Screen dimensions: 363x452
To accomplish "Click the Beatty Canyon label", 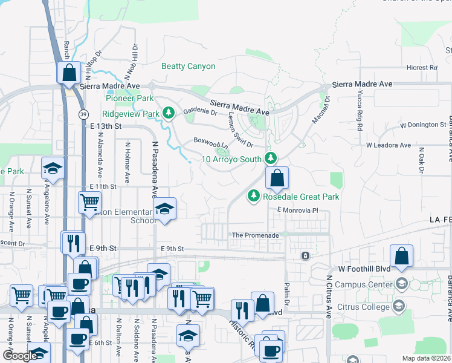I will (188, 67).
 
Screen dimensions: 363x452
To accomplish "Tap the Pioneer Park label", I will (128, 98).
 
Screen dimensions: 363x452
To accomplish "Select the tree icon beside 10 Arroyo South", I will (271, 159).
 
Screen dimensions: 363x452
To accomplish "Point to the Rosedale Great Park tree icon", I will (254, 196).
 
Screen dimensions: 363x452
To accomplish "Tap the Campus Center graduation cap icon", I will (400, 284).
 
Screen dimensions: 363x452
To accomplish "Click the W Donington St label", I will (422, 125).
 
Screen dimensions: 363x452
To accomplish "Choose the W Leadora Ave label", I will (388, 145).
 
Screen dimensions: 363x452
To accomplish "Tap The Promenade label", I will (256, 235).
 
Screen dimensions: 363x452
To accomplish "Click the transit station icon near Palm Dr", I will (305, 256).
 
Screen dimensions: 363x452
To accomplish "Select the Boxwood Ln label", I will (211, 143).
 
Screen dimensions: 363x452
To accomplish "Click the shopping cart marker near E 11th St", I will (90, 201).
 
